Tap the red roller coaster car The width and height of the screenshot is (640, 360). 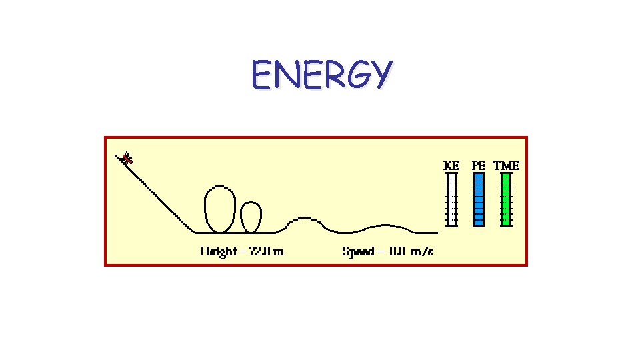pyautogui.click(x=127, y=159)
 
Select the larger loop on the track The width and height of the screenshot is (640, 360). pyautogui.click(x=219, y=209)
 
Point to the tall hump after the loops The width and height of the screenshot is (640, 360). pyautogui.click(x=305, y=219)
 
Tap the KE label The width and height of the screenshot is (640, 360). pyautogui.click(x=451, y=165)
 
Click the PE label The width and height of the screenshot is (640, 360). pyautogui.click(x=479, y=165)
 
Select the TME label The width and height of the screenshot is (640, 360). pyautogui.click(x=507, y=165)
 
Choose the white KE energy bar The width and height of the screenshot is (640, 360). pyautogui.click(x=451, y=199)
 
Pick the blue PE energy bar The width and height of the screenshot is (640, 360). pyautogui.click(x=479, y=199)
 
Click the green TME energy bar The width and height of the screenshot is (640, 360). pyautogui.click(x=506, y=199)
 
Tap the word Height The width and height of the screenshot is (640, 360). pyautogui.click(x=218, y=251)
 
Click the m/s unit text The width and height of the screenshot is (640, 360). pyautogui.click(x=421, y=251)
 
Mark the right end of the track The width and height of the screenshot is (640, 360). pyautogui.click(x=436, y=233)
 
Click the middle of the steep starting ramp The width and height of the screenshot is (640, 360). pyautogui.click(x=157, y=194)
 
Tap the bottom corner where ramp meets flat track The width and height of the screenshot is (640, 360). pyautogui.click(x=194, y=233)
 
